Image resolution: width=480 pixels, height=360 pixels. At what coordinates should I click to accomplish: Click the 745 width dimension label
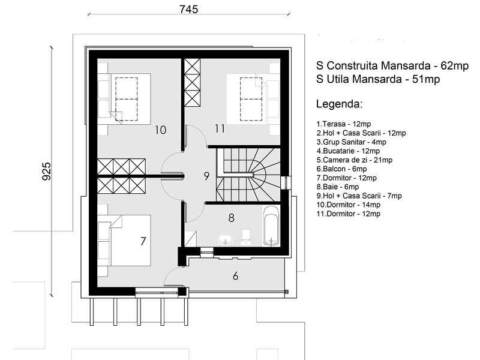189,9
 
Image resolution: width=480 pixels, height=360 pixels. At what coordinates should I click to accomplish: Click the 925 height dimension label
47,171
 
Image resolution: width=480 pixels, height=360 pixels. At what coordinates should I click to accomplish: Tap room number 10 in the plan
160,130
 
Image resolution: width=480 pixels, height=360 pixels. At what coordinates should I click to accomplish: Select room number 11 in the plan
220,128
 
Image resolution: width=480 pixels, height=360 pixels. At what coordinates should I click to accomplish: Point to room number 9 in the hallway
206,176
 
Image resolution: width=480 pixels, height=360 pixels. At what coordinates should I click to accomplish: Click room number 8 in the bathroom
232,218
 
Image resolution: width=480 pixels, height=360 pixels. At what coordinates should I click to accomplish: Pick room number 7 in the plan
143,241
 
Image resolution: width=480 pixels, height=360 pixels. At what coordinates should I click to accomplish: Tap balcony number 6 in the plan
235,276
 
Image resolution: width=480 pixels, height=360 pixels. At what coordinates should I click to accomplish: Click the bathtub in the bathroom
271,226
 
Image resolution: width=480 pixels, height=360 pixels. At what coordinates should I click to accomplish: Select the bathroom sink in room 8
226,239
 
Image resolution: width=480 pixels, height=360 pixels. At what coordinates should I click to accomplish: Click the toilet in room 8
246,236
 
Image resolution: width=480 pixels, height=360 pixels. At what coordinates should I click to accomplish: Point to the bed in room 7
124,241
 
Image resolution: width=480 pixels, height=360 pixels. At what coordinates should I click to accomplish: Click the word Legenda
339,104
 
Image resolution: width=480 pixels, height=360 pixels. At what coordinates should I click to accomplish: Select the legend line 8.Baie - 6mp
338,187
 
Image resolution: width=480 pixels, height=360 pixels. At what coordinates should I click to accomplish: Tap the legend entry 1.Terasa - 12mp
343,124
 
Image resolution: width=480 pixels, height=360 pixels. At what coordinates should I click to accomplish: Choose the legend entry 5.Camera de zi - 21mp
355,160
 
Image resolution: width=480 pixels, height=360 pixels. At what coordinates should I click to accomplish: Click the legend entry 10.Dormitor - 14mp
349,205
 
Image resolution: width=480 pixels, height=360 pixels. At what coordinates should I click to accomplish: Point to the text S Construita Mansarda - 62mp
392,65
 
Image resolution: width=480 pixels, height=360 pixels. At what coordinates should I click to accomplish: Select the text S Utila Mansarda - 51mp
378,79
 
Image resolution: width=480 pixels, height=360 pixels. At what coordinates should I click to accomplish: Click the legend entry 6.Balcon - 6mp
341,169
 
